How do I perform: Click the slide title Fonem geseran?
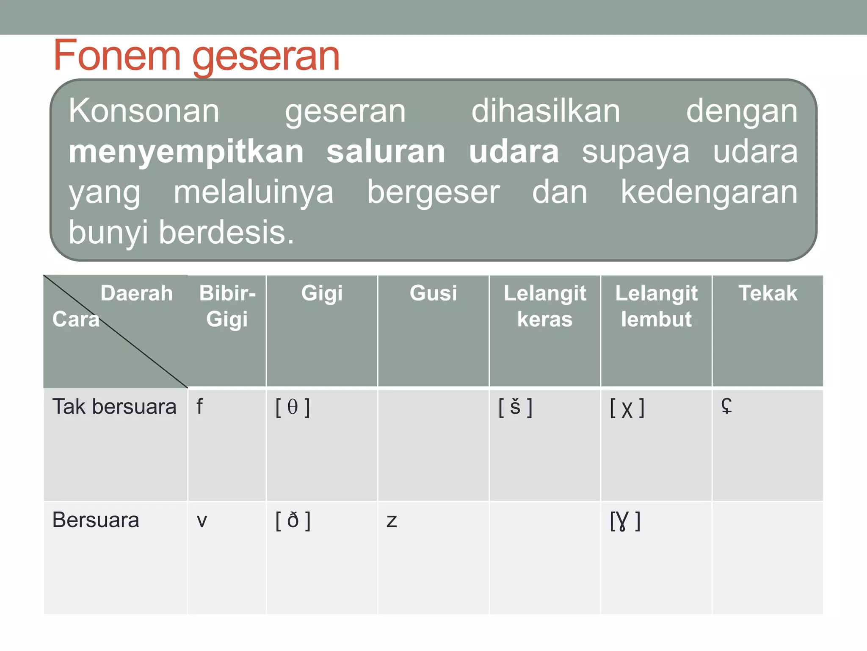click(x=196, y=56)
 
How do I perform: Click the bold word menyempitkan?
click(x=186, y=152)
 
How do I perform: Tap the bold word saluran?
click(x=386, y=152)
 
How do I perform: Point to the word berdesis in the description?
click(x=226, y=232)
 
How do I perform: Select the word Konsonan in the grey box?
click(x=144, y=111)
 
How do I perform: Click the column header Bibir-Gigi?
click(x=227, y=306)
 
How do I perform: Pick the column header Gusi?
click(x=433, y=293)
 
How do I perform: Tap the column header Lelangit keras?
click(x=545, y=306)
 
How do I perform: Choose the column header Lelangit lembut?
click(x=656, y=306)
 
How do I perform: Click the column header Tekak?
click(x=768, y=293)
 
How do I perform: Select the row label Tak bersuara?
click(x=114, y=407)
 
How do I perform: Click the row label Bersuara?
click(x=96, y=520)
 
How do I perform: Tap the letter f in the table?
click(x=199, y=407)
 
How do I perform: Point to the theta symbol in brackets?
click(x=293, y=407)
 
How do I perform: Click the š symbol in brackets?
click(x=515, y=407)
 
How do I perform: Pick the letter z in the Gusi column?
click(x=392, y=521)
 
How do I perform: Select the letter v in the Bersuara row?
click(x=202, y=521)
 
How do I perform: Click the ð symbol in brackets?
click(x=293, y=520)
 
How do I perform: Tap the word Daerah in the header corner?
click(x=137, y=293)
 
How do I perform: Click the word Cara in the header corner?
click(x=76, y=319)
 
